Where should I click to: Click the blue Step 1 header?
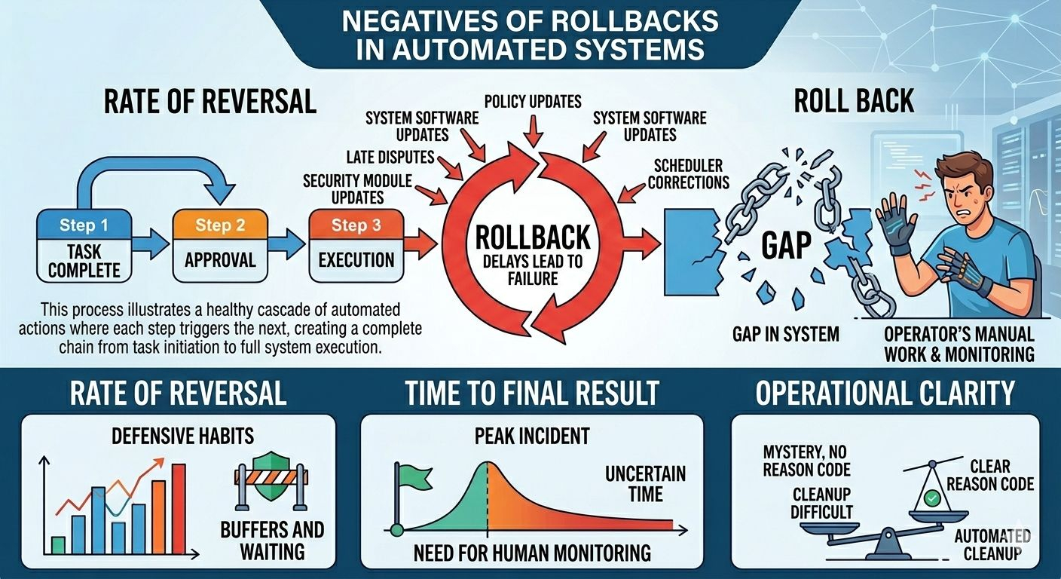tap(83, 225)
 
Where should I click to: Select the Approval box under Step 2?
tap(219, 260)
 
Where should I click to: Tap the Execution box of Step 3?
tap(356, 260)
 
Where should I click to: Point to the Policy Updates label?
tap(533, 101)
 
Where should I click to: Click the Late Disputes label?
tap(390, 158)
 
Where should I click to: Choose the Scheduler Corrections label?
tap(689, 173)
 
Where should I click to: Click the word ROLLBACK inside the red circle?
tap(533, 237)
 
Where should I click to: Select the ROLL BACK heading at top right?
tap(855, 100)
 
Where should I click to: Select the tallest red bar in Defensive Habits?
tap(179, 508)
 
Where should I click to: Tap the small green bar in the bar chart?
tap(58, 544)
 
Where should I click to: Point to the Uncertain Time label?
tap(646, 484)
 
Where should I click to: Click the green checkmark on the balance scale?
tap(933, 498)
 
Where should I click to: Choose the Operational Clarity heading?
tap(885, 394)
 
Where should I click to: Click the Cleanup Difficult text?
tap(822, 503)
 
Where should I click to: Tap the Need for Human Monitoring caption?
tap(532, 553)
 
